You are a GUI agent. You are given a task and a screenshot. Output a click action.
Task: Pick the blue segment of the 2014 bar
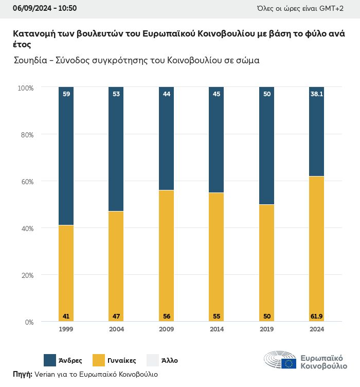point(216,139)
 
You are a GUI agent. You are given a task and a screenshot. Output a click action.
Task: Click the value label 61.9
point(316,316)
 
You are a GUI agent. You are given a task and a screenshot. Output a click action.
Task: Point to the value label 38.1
point(316,94)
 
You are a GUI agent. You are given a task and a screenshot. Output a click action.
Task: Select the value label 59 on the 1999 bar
point(66,94)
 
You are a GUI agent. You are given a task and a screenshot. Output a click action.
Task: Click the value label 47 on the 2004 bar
point(116,316)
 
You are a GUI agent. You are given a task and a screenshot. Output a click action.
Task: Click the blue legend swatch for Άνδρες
point(50,360)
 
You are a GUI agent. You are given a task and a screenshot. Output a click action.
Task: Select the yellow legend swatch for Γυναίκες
point(99,360)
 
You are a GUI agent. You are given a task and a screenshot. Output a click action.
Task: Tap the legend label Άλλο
point(170,361)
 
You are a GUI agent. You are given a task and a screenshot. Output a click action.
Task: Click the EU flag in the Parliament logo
point(289,364)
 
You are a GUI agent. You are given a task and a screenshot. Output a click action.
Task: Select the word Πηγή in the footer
point(22,374)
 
